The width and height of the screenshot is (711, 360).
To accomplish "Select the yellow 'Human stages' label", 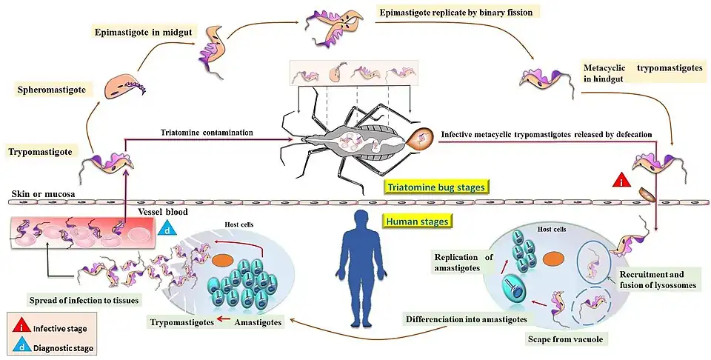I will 418,220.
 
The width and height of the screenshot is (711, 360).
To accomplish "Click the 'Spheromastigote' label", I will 50,90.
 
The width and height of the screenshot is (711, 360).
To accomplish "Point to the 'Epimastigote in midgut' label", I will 140,33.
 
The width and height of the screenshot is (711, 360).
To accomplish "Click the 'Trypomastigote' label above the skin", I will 41,151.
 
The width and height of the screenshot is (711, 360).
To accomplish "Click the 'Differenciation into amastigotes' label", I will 466,319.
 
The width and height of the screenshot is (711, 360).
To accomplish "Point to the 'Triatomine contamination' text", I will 207,133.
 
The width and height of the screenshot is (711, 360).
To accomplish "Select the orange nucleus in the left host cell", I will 222,261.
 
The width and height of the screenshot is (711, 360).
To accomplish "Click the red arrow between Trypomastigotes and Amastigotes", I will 225,323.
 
